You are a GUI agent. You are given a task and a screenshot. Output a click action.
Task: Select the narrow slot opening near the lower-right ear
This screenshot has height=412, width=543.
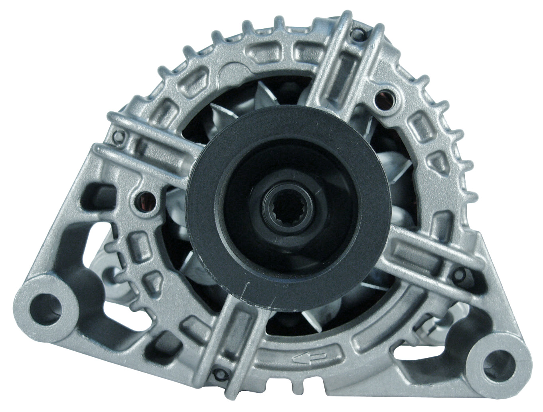tap(415, 351)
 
